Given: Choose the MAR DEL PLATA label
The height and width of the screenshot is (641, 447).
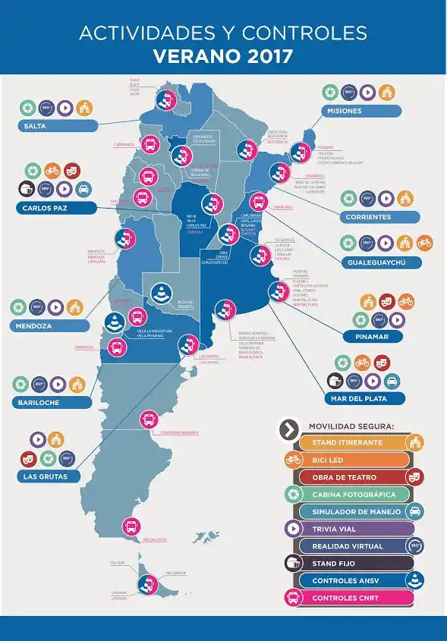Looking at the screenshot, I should (364, 397).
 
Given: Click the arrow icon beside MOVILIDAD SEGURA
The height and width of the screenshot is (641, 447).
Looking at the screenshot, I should (288, 429).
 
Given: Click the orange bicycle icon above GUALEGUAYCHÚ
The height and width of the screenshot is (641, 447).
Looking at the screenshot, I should (424, 243).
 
